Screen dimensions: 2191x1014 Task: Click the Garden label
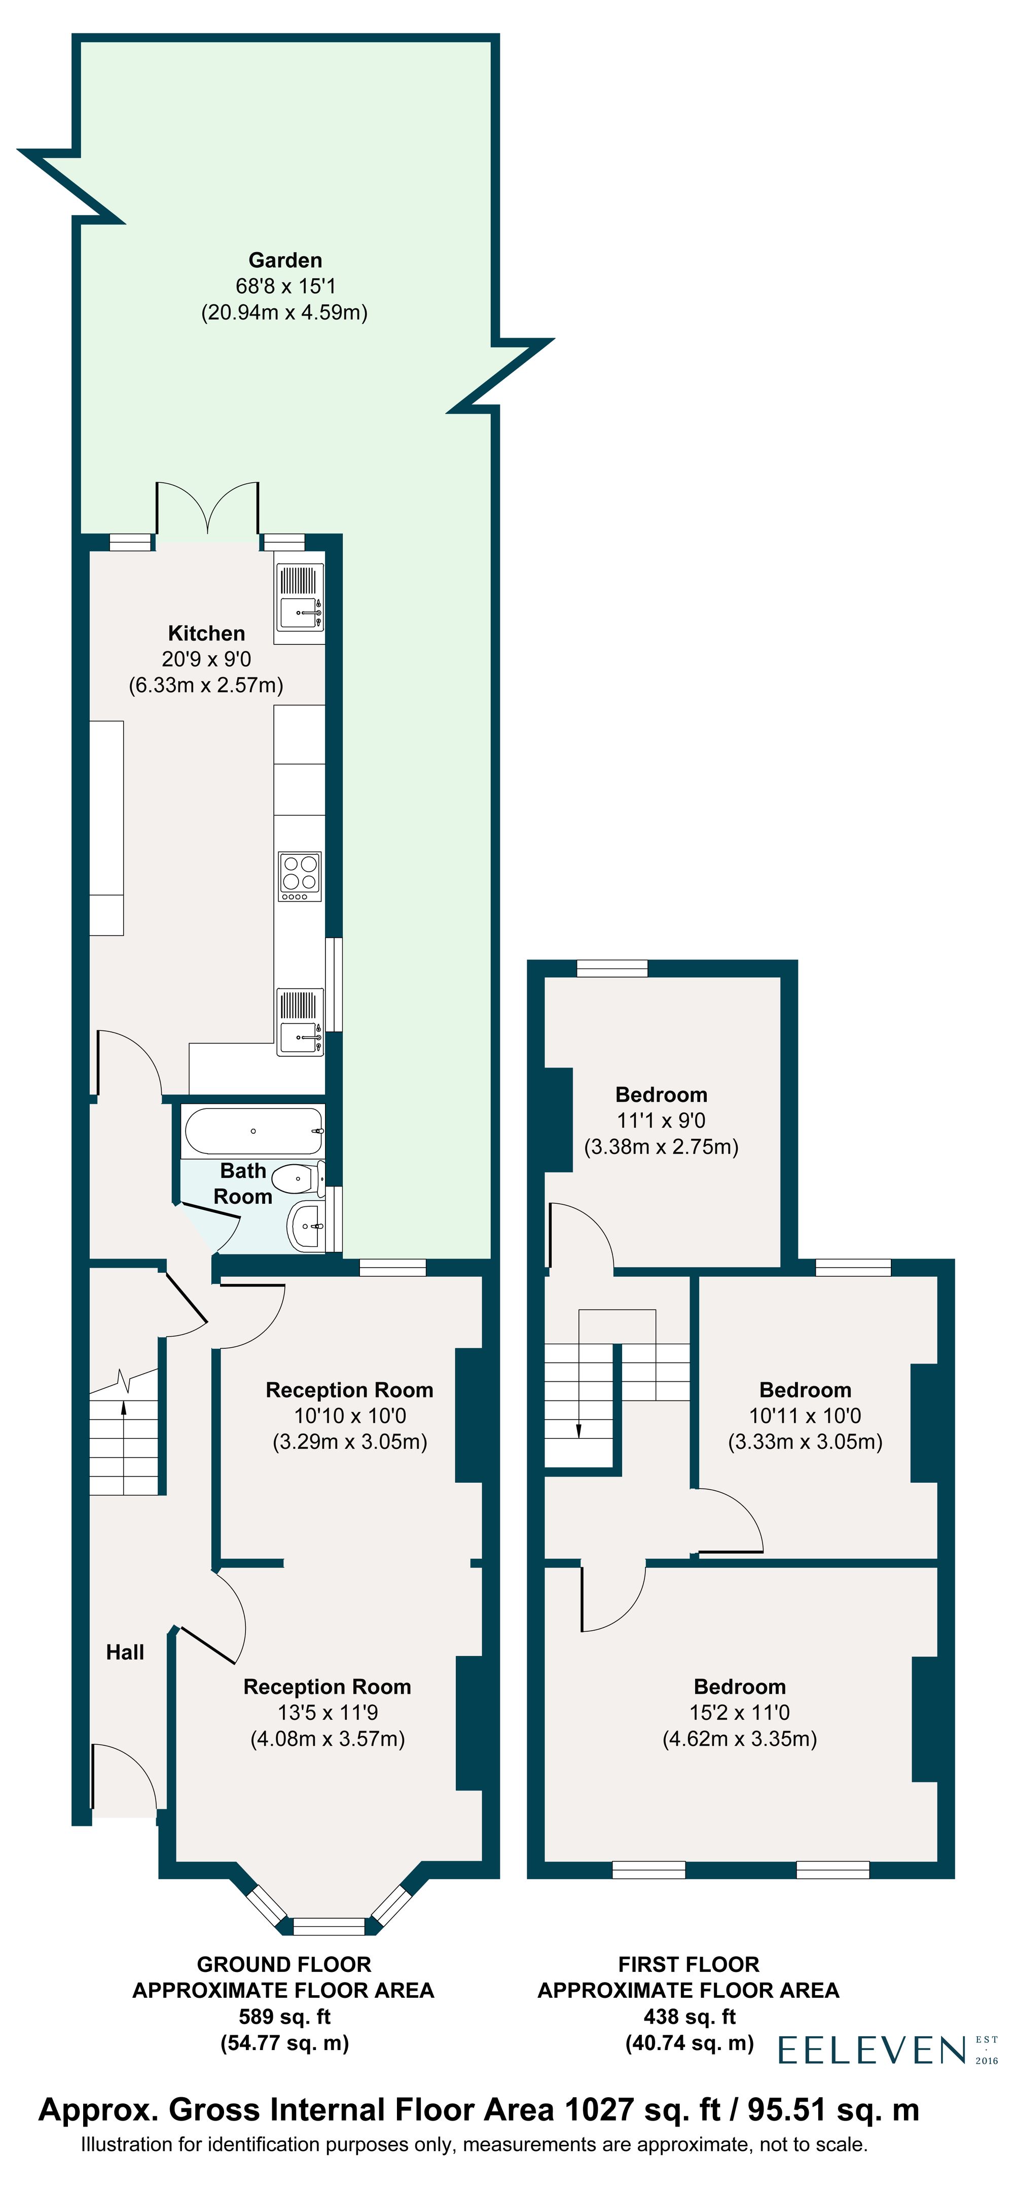pos(285,260)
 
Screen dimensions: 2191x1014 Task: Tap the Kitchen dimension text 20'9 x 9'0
pos(206,659)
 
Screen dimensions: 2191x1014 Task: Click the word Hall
pos(125,1652)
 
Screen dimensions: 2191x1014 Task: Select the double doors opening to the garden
pos(207,510)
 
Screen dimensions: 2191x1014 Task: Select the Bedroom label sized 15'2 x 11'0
pos(739,1686)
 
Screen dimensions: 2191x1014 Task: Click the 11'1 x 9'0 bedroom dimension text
pos(661,1120)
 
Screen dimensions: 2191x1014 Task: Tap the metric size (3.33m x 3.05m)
pos(805,1442)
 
